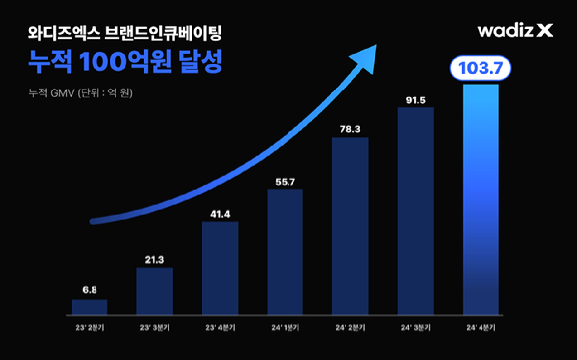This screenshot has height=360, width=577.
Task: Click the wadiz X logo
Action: [513, 31]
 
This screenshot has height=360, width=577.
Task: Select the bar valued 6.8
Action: [90, 306]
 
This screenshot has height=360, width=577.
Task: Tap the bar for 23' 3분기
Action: [154, 289]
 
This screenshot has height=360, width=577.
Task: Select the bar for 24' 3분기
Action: [416, 210]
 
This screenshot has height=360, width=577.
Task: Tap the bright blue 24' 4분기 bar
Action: [481, 199]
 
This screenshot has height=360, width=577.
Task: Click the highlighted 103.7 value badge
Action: [481, 68]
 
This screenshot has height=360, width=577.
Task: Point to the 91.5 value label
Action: [416, 99]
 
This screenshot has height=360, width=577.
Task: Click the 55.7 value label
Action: [285, 181]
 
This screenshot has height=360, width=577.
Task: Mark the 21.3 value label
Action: [154, 260]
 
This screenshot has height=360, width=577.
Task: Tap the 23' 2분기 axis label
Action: [90, 325]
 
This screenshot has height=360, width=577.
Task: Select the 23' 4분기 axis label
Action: [220, 325]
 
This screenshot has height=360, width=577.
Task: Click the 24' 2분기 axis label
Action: [350, 325]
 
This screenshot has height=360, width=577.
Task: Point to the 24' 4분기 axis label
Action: [481, 325]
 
